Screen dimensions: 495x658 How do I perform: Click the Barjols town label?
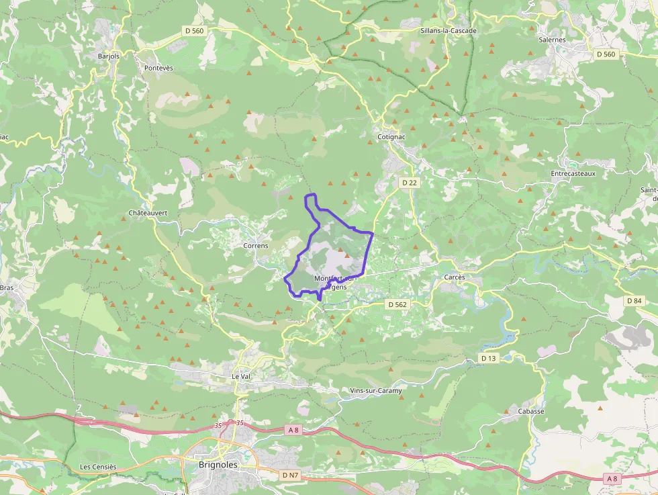pos(108,56)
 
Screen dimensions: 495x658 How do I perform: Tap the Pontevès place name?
pos(158,69)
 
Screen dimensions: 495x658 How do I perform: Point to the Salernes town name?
pos(552,40)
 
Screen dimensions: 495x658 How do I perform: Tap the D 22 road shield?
pos(409,183)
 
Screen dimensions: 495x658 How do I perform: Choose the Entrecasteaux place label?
pos(573,173)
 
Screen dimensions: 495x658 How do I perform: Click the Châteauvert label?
pos(148,213)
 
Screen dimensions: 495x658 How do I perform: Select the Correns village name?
pos(255,246)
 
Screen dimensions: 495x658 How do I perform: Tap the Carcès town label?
pos(455,277)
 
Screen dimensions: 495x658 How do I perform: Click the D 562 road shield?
pos(397,304)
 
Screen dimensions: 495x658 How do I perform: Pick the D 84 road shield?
pos(634,301)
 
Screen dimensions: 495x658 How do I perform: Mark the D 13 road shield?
pos(489,359)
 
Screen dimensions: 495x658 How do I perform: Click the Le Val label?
pos(240,377)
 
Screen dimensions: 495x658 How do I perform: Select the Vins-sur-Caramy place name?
pos(376,391)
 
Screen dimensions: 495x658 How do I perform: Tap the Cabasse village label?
pos(531,411)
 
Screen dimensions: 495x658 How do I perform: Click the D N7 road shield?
pos(289,475)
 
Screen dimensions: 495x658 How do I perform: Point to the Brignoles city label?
pos(219,464)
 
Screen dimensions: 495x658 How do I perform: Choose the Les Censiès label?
pos(98,467)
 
